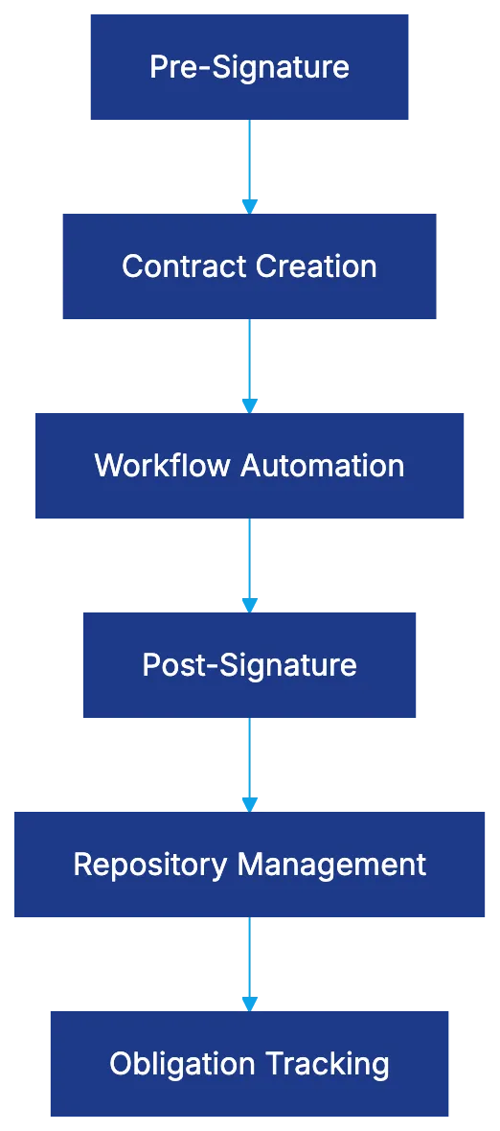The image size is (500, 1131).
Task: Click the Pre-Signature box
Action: pyautogui.click(x=249, y=66)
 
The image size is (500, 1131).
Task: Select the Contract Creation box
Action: pyautogui.click(x=249, y=265)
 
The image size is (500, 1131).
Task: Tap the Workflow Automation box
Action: pyautogui.click(x=249, y=465)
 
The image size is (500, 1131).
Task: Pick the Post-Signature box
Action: pyautogui.click(x=249, y=664)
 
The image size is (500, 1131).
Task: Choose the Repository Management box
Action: pyautogui.click(x=249, y=864)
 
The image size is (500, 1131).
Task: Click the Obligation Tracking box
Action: pyautogui.click(x=249, y=1063)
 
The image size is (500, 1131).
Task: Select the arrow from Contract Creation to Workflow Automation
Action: pyautogui.click(x=249, y=364)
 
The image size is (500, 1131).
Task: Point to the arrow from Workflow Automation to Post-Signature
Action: pyautogui.click(x=249, y=564)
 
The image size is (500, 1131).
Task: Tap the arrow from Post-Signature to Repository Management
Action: pyautogui.click(x=249, y=763)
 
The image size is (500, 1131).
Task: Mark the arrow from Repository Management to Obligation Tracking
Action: pyautogui.click(x=249, y=961)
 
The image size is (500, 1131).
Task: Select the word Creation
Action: pyautogui.click(x=315, y=266)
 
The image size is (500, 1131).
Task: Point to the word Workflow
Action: pyautogui.click(x=164, y=466)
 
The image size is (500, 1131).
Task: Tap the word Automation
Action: pyautogui.click(x=323, y=466)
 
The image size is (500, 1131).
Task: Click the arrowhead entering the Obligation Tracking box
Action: pyautogui.click(x=249, y=1002)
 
